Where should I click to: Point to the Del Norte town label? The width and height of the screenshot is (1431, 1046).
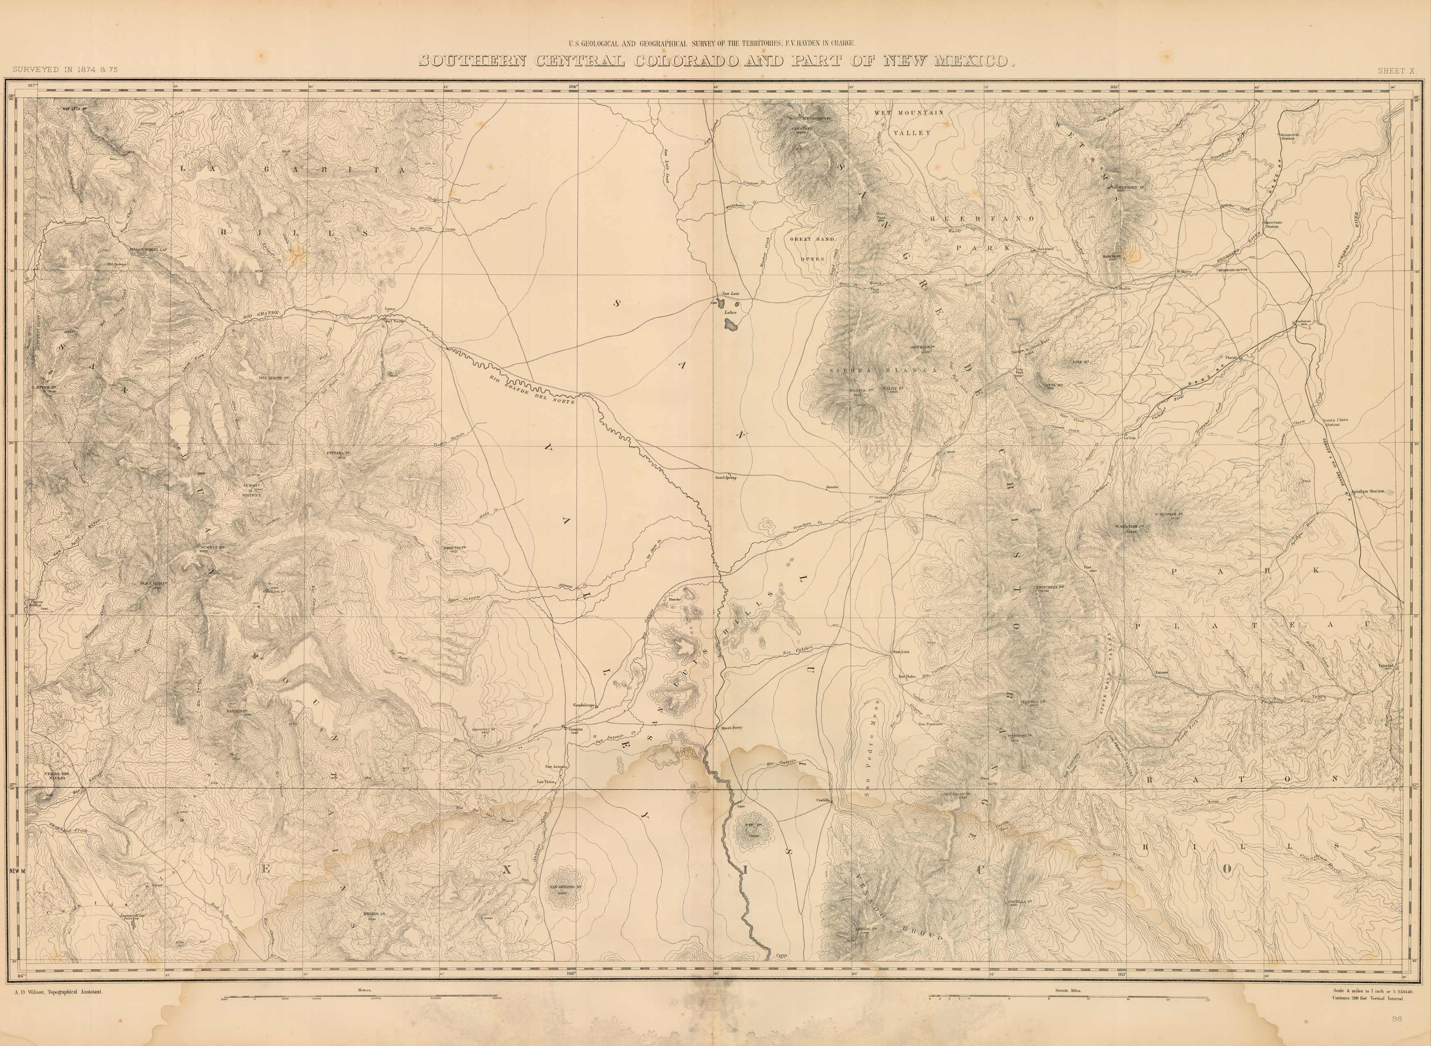pyautogui.click(x=394, y=320)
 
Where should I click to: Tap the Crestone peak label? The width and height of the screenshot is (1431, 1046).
pyautogui.click(x=801, y=129)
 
